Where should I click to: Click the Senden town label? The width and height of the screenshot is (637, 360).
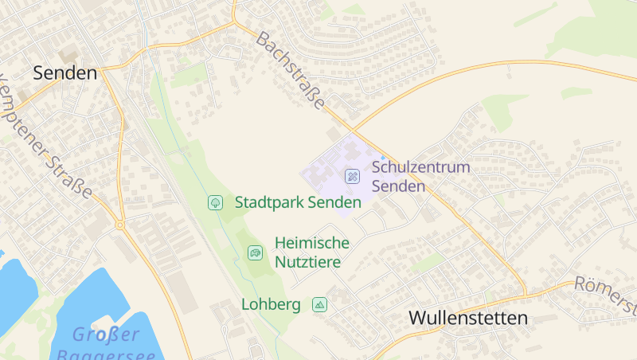[64, 73]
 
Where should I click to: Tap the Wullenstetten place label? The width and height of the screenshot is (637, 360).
[468, 318]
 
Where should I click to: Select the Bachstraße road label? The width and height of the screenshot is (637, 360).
[291, 71]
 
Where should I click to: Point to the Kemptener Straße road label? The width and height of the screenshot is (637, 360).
[48, 135]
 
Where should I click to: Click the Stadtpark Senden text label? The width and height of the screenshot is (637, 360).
[298, 202]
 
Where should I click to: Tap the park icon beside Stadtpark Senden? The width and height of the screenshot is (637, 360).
[214, 202]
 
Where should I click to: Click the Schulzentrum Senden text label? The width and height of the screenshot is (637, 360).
[421, 177]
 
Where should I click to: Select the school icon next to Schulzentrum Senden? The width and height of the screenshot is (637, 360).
[351, 175]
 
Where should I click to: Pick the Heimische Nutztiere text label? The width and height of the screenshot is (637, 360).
[311, 252]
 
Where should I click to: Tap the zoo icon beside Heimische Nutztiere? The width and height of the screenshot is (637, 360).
[255, 252]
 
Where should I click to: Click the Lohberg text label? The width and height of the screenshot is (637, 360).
[271, 304]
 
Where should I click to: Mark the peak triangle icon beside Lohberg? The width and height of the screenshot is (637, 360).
[320, 304]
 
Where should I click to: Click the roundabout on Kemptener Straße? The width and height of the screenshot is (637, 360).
[120, 225]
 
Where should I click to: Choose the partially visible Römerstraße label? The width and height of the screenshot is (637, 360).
[608, 293]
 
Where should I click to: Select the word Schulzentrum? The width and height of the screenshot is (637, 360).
[421, 168]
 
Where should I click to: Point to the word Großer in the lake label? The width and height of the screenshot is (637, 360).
[105, 334]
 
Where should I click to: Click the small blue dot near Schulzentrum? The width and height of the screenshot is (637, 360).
[382, 157]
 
